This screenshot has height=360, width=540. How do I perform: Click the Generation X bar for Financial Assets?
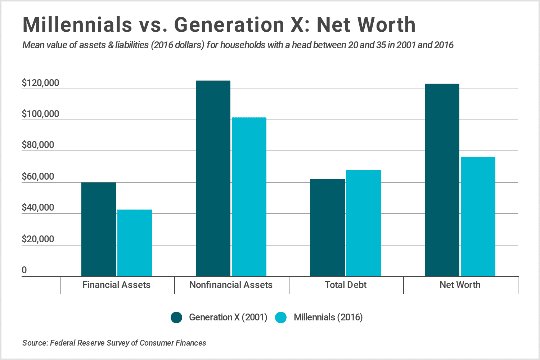[x=99, y=229]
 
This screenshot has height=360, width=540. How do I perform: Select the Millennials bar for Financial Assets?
[x=135, y=243]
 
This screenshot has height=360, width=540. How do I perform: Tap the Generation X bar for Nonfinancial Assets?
[x=213, y=178]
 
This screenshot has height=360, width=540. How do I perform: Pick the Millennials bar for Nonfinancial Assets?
[x=249, y=197]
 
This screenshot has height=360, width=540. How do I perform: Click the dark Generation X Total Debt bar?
[x=328, y=228]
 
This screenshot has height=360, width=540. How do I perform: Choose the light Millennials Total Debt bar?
[x=364, y=223]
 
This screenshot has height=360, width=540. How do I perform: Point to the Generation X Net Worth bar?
[x=442, y=180]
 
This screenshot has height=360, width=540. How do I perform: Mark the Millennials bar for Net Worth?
[x=478, y=216]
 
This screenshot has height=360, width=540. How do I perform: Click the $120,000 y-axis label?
[x=40, y=83]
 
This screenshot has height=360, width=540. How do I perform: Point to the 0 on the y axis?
[x=24, y=270]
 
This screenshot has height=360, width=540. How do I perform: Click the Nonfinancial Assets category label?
[x=231, y=285]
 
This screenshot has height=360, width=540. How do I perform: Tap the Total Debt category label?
[x=346, y=285]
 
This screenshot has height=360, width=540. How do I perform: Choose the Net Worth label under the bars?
[x=460, y=285]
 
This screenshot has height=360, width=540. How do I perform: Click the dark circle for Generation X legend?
[x=176, y=318]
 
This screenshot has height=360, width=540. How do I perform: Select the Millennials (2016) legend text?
[x=328, y=318]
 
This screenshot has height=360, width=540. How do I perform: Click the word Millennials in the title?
[x=77, y=24]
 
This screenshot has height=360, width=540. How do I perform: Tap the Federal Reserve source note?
[x=114, y=343]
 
